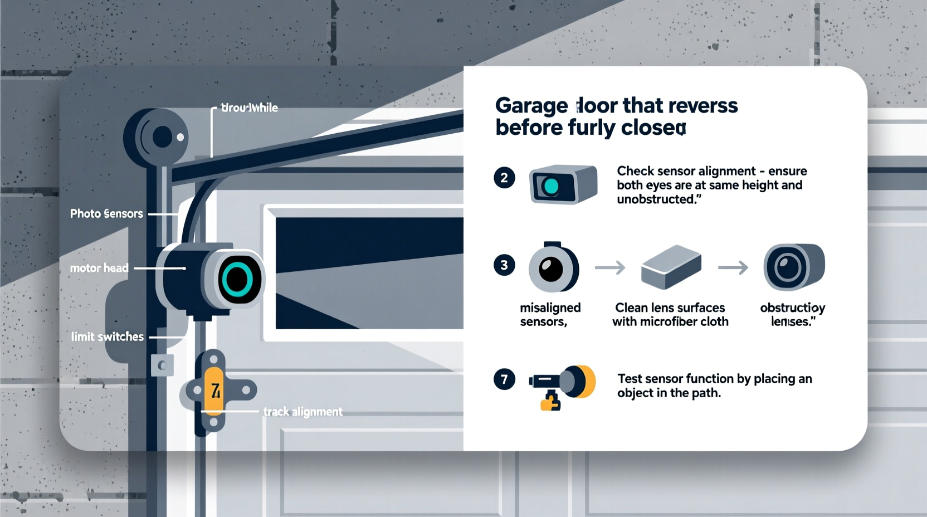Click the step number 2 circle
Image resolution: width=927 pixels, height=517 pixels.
tap(504, 178)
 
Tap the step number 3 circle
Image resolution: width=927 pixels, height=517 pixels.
tap(504, 265)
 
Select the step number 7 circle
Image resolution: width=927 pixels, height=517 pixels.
tap(504, 379)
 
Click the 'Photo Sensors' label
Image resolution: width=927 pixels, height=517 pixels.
tap(106, 214)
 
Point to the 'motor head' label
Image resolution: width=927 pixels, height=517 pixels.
tap(99, 268)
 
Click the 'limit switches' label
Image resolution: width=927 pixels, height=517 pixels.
tap(107, 337)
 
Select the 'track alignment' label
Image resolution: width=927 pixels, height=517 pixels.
tap(303, 412)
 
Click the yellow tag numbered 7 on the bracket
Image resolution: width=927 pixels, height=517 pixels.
tap(214, 390)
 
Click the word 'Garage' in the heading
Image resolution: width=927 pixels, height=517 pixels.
tap(531, 106)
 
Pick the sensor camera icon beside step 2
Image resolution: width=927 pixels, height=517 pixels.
tap(563, 184)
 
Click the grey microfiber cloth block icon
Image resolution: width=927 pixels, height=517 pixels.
tap(671, 267)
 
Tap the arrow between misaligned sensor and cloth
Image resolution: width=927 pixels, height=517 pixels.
tap(610, 268)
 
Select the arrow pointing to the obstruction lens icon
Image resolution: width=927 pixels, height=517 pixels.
tap(733, 268)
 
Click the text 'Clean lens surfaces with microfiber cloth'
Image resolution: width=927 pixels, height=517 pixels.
tap(670, 315)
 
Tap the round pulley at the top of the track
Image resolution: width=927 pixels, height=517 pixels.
tap(157, 136)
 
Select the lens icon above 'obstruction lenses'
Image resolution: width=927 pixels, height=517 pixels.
tap(793, 267)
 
